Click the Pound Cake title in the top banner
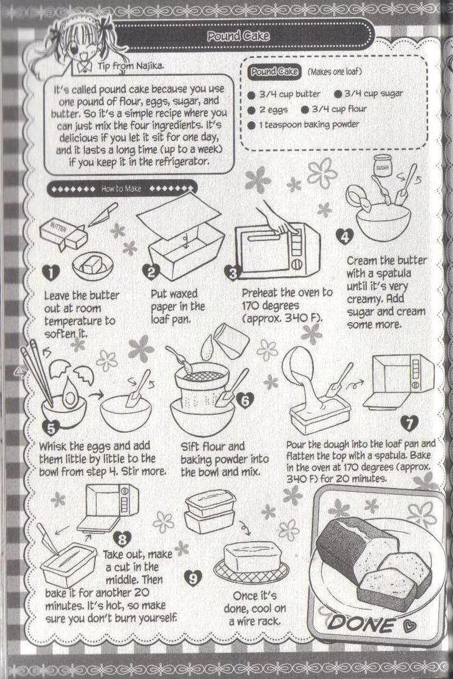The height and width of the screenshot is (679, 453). point(238,36)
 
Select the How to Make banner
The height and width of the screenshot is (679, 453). point(121,189)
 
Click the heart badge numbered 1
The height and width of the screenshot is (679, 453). point(52,272)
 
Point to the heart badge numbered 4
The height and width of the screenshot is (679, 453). point(345,236)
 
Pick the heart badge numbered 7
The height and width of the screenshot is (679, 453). point(409,423)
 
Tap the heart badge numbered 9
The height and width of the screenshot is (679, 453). point(193,578)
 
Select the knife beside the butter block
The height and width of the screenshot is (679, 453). point(103,215)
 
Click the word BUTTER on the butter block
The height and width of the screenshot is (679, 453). point(58,226)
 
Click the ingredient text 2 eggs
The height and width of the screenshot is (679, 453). point(273,109)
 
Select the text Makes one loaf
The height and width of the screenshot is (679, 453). point(334,72)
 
